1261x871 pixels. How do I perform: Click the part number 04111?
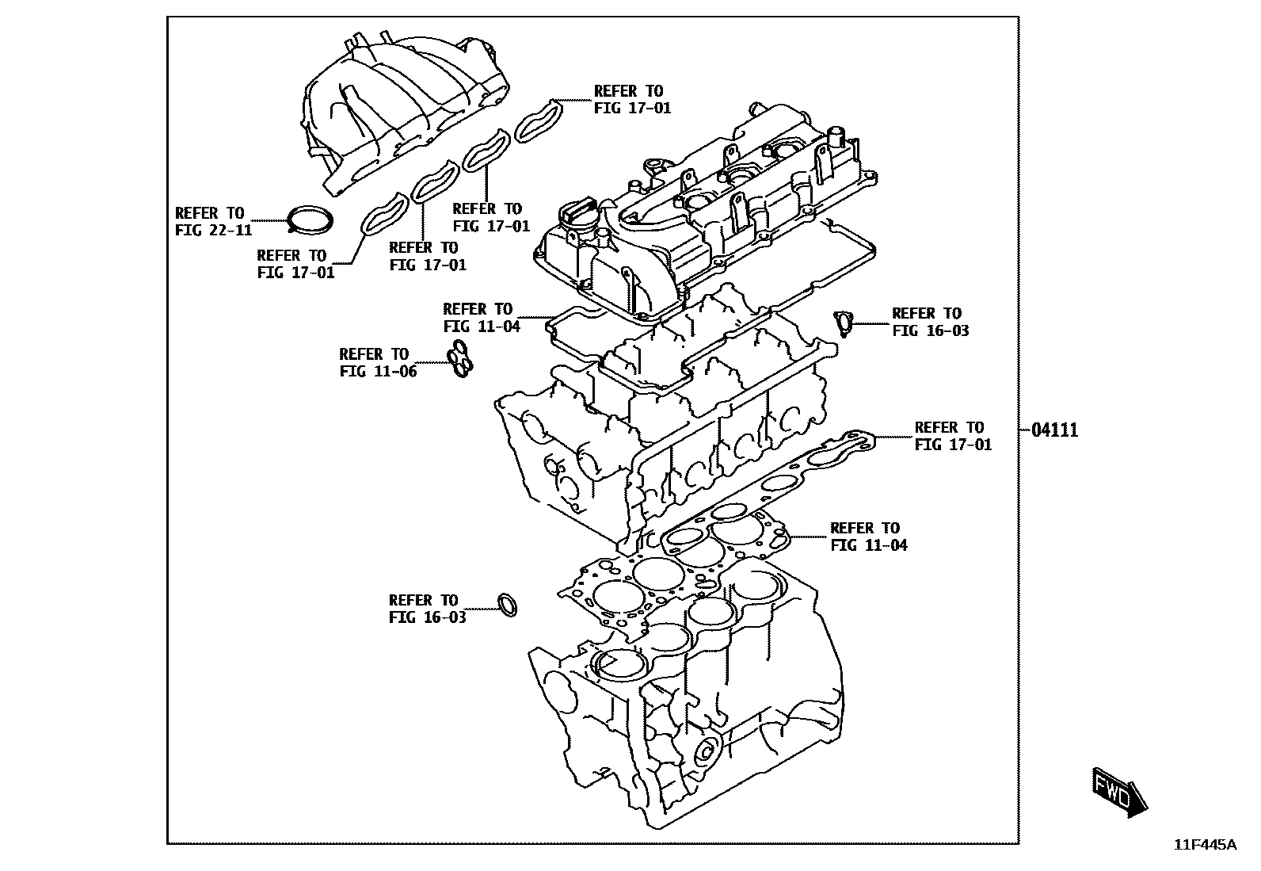pyautogui.click(x=1054, y=430)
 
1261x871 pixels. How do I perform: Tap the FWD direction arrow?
pyautogui.click(x=1119, y=789)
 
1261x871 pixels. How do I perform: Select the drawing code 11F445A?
pyautogui.click(x=1205, y=845)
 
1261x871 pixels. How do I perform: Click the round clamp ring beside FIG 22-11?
pyautogui.click(x=310, y=220)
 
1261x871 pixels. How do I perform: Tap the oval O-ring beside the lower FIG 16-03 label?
pyautogui.click(x=508, y=605)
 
